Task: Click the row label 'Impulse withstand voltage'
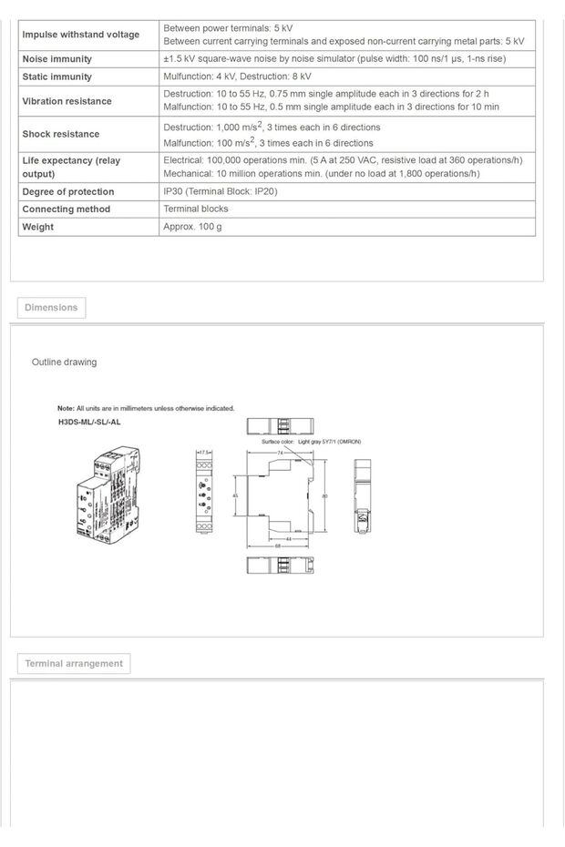coord(81,35)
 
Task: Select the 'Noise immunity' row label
coord(57,59)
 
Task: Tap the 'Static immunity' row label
coord(57,77)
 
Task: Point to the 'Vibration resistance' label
coord(67,101)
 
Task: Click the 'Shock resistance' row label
coord(61,134)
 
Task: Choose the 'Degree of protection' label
coord(68,192)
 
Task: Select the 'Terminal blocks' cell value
coord(196,209)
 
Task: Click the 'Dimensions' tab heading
coord(51,308)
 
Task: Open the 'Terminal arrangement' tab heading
coord(74,664)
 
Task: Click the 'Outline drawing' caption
coord(64,362)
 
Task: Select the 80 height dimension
coord(325,496)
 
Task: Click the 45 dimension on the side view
coord(237,496)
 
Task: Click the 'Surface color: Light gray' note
coord(311,441)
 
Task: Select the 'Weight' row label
coord(38,227)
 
